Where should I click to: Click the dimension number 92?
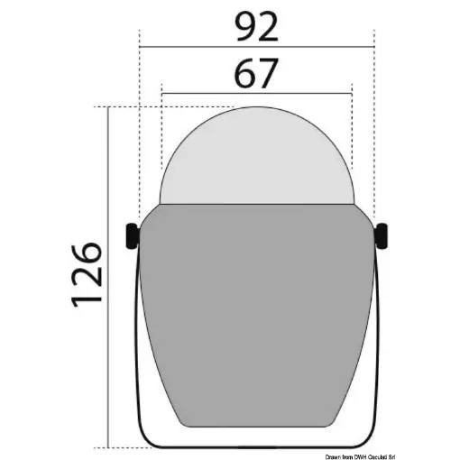[256, 28]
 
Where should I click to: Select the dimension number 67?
[256, 73]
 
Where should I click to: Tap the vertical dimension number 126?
[87, 275]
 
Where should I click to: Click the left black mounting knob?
[132, 236]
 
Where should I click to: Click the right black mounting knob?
[382, 236]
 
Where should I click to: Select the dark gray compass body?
[256, 313]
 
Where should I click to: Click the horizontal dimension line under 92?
[257, 47]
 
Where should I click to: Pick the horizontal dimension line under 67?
[257, 94]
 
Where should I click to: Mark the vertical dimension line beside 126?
[108, 278]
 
